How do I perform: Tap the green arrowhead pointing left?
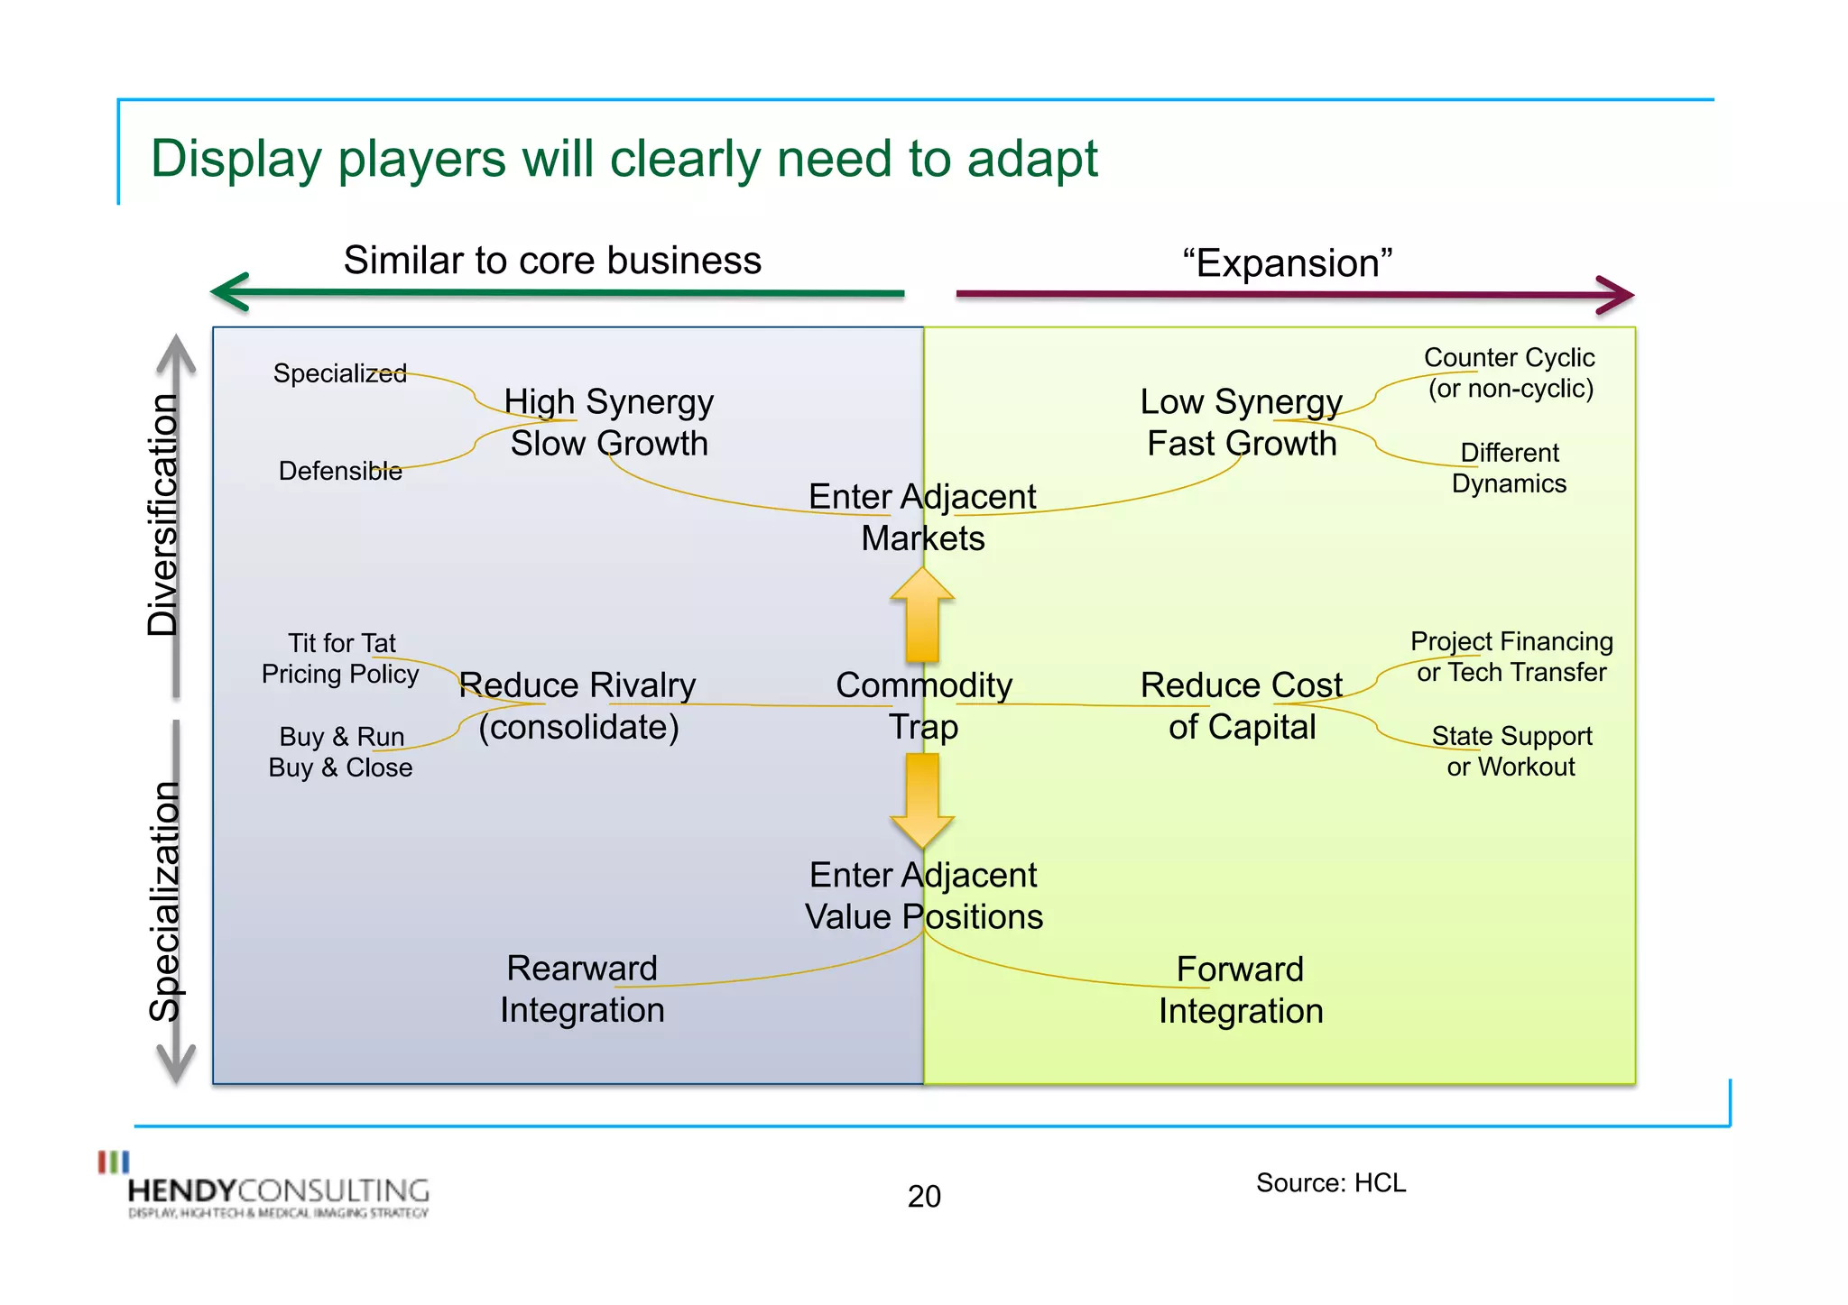(x=231, y=292)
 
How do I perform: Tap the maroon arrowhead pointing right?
(x=1614, y=295)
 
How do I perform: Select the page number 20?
(x=924, y=1196)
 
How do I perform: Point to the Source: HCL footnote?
(x=1330, y=1182)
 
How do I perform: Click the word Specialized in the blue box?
(x=340, y=373)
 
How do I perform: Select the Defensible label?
(x=340, y=471)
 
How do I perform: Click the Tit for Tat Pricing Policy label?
(x=341, y=658)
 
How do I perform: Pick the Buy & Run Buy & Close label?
(x=341, y=752)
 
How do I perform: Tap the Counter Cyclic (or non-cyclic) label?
(x=1510, y=373)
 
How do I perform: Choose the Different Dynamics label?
(x=1509, y=468)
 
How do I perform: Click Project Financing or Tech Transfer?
(x=1511, y=657)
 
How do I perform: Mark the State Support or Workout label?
(x=1511, y=751)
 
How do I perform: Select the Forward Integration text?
(x=1241, y=990)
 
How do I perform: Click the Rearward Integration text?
(x=582, y=989)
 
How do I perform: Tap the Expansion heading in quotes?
(x=1288, y=263)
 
